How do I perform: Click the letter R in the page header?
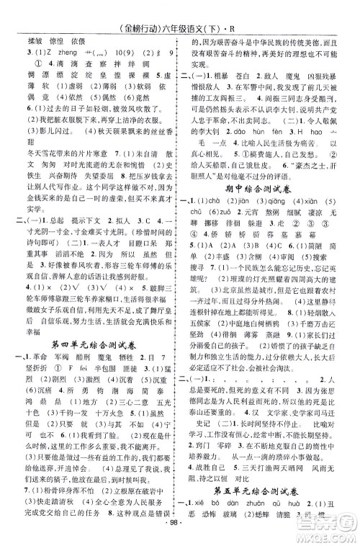(x=240, y=11)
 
